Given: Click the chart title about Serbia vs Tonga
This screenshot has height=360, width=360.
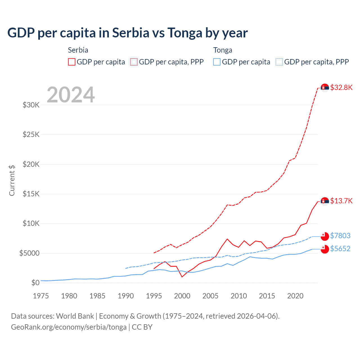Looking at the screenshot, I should click(x=127, y=33).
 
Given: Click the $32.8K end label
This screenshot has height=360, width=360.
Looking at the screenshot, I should click(x=341, y=87).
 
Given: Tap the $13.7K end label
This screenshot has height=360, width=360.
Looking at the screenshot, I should click(x=341, y=201).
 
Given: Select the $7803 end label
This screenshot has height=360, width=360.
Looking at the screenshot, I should click(x=340, y=236).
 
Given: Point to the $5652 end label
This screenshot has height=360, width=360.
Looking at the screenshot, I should click(x=340, y=249).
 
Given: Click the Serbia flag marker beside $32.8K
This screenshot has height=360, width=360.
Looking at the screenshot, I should click(x=325, y=88).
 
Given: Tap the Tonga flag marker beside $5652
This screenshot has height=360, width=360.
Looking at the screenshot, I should click(x=325, y=249).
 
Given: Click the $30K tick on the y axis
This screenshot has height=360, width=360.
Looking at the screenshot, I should click(x=31, y=105).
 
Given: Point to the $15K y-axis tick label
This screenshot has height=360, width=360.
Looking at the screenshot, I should click(x=31, y=194).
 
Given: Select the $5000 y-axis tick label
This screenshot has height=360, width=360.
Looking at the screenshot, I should click(x=29, y=253).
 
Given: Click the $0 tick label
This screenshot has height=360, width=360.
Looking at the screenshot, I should click(x=35, y=283).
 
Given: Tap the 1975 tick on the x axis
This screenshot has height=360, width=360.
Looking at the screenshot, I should click(x=41, y=296).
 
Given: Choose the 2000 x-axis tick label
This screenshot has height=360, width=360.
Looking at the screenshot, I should click(x=182, y=296).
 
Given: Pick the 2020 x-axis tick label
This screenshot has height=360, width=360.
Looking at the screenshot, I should click(x=295, y=296).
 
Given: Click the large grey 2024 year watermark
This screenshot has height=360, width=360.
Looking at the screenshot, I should click(x=71, y=95).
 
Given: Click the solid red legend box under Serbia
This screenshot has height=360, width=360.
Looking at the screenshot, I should click(x=72, y=62).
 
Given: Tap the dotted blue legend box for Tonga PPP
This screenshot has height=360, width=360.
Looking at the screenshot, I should click(x=279, y=62).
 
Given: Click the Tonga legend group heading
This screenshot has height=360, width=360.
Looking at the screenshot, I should click(x=223, y=50).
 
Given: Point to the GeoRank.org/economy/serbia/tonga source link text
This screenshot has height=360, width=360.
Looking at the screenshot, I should click(x=69, y=327).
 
